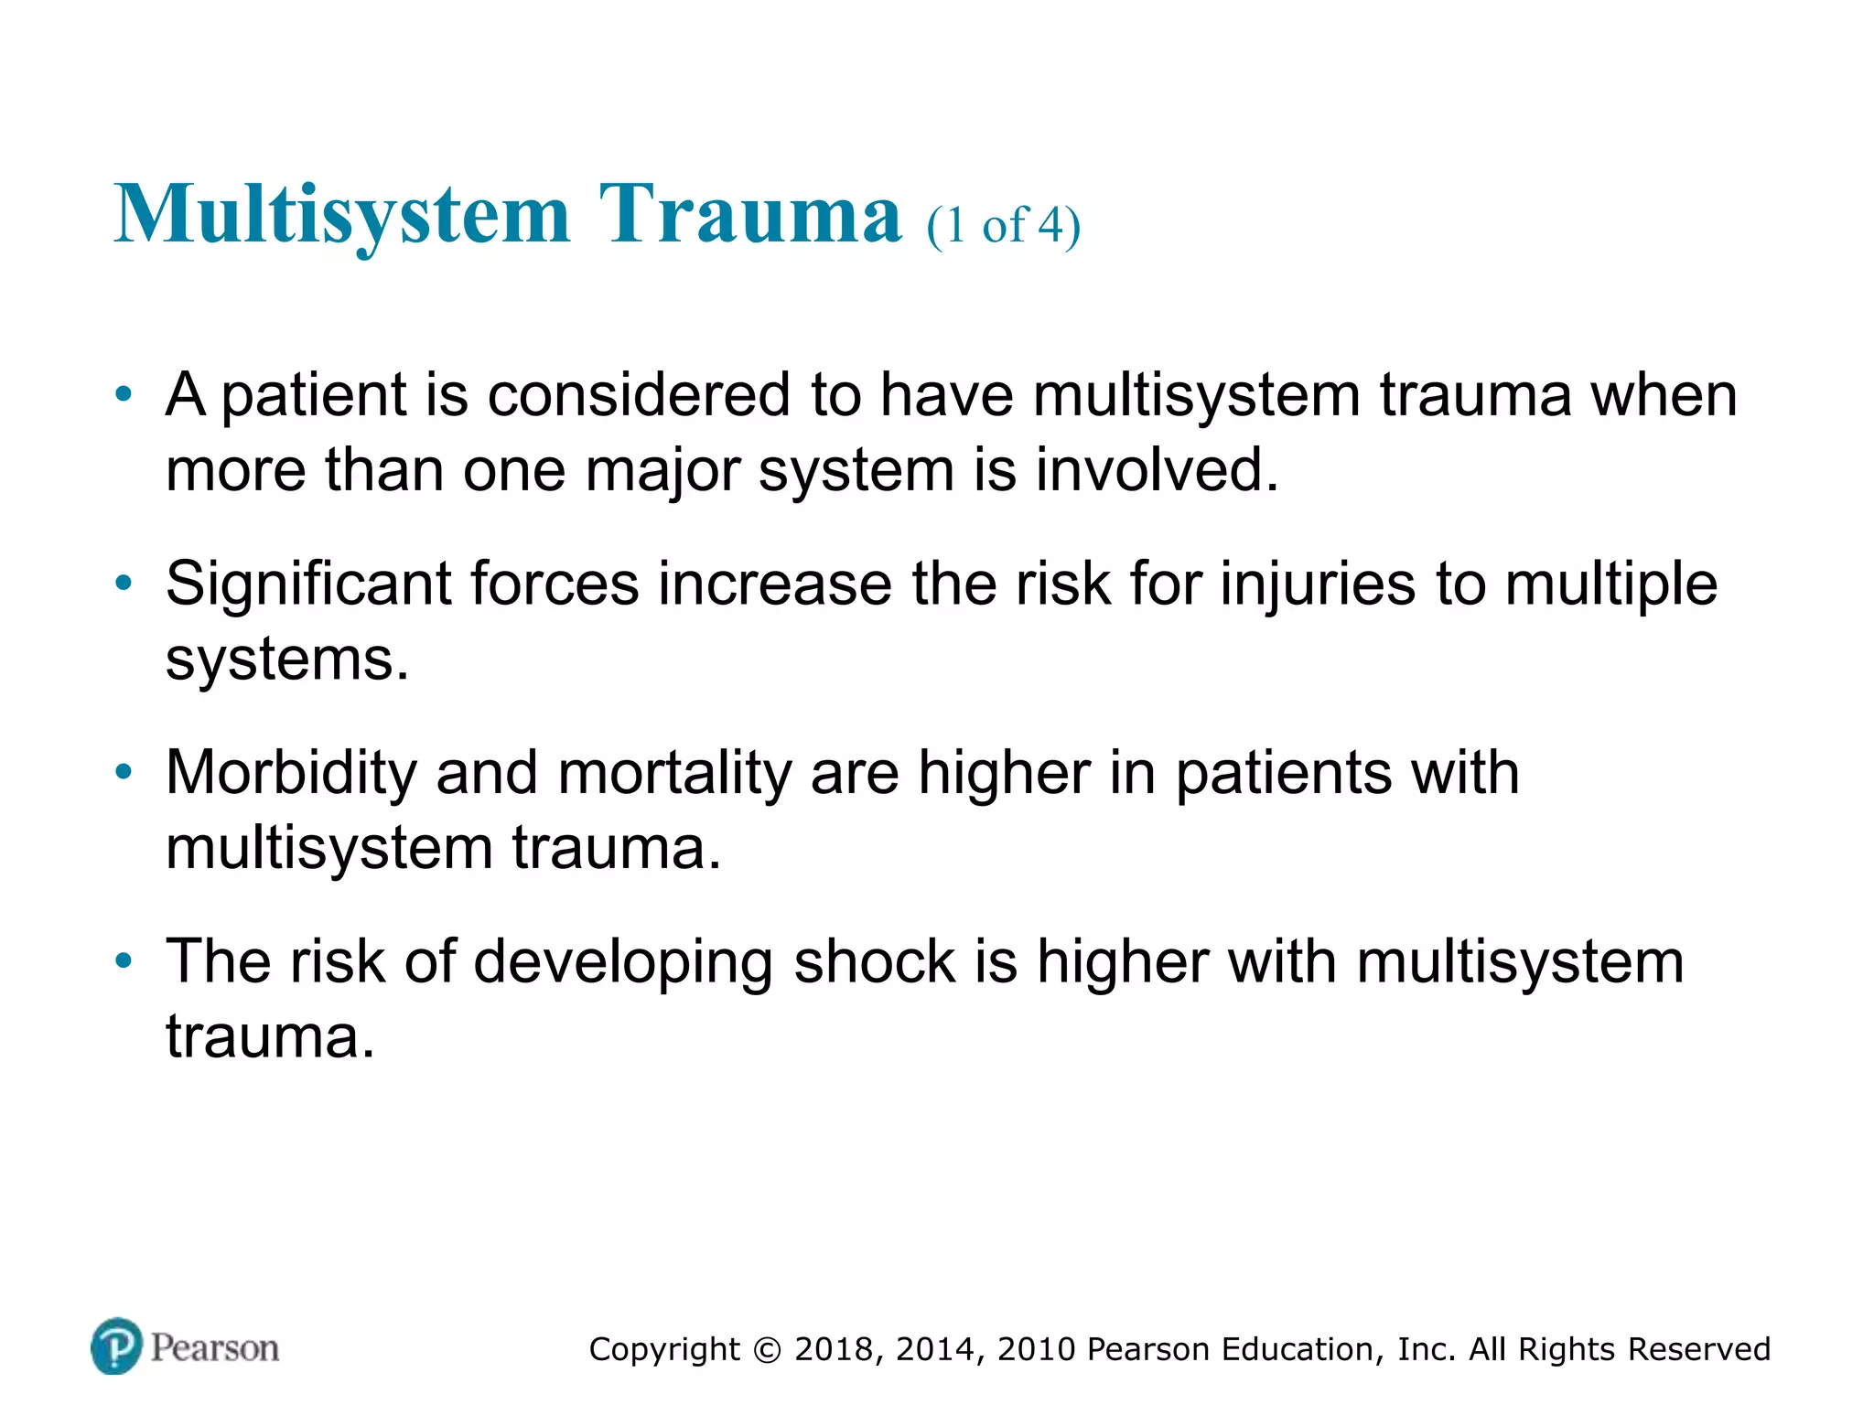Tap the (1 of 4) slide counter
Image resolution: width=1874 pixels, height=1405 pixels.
coord(1003,225)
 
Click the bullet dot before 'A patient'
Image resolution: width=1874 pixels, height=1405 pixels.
coord(124,395)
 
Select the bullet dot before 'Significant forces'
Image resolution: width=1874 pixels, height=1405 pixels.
coord(124,584)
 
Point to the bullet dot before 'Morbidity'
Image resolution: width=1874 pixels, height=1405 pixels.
coord(124,773)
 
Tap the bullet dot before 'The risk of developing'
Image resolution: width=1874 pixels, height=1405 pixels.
coord(124,961)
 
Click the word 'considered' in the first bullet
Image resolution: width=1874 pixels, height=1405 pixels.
coord(639,395)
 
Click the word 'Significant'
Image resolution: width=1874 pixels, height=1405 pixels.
coord(308,584)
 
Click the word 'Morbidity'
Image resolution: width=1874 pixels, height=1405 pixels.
coord(291,773)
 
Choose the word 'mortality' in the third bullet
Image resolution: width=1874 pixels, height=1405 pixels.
coord(674,773)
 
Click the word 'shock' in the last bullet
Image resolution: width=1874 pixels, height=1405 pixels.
coord(875,961)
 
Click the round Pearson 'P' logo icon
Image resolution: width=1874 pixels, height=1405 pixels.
coord(117,1346)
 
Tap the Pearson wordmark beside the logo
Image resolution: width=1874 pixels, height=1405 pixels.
coord(215,1347)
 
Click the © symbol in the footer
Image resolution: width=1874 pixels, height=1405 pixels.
coord(768,1350)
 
